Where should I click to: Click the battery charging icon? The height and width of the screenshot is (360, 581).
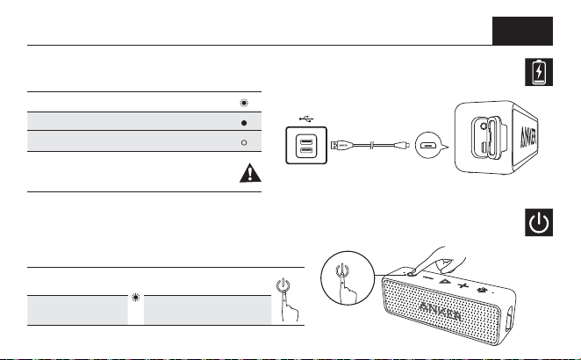(539, 72)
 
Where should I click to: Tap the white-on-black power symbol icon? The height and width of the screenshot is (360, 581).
(539, 222)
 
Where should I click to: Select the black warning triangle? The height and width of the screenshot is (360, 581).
(250, 173)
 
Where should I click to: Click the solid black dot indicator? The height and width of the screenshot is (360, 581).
(244, 123)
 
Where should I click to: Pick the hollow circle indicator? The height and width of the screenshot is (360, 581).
(244, 142)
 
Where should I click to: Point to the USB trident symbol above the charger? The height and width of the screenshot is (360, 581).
(306, 119)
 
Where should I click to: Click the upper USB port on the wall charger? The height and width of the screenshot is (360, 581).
(306, 141)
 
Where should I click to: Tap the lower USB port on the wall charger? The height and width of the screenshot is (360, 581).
(306, 150)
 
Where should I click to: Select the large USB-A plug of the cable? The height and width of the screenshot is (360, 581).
(341, 145)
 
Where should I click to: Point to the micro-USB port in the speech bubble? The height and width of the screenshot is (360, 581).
(428, 146)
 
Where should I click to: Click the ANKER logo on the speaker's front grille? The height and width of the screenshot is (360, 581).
(441, 311)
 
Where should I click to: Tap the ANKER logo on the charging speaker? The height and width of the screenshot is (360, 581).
(528, 137)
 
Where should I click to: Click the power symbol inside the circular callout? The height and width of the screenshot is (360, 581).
(342, 270)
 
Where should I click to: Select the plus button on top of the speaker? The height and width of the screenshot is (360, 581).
(463, 285)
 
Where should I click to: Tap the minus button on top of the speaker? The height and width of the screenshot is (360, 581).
(428, 277)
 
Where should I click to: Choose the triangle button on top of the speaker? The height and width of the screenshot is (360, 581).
(445, 281)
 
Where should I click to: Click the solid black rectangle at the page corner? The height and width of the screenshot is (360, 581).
(522, 31)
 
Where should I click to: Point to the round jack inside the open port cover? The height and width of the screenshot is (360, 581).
(484, 126)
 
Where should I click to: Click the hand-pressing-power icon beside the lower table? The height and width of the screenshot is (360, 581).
(287, 299)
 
